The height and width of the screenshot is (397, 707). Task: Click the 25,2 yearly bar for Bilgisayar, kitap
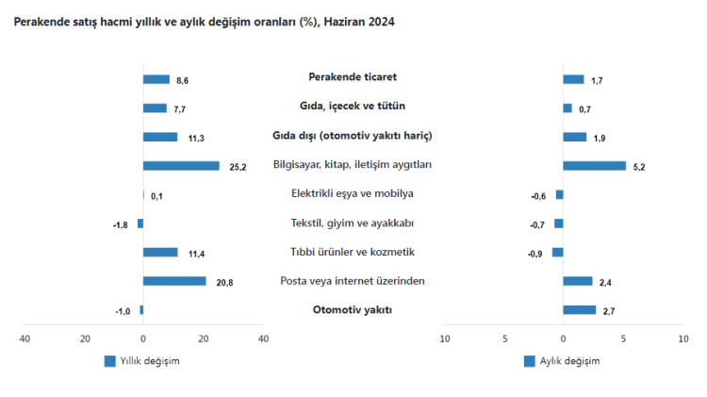coord(181,166)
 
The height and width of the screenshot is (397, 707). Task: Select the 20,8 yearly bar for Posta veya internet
coord(174,281)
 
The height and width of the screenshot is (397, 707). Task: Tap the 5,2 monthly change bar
coord(594,166)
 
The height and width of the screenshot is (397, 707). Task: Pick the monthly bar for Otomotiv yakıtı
coord(579,309)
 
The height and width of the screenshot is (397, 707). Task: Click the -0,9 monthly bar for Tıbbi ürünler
coord(557,252)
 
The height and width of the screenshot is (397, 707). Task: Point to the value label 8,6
coord(183,81)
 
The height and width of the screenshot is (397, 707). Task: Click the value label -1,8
coord(121,224)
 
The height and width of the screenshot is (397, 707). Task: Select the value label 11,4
coord(196,254)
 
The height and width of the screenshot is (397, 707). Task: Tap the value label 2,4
coord(605,282)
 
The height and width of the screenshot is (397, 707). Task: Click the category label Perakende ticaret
coord(353,77)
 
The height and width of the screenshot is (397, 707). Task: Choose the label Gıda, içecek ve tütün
coord(353,107)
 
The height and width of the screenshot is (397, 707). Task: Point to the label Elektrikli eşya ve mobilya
coord(353,193)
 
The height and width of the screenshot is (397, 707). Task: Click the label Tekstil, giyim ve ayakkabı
coord(353,223)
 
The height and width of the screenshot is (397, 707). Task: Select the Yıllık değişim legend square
coord(109,360)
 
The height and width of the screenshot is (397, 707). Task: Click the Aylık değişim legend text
coord(569,360)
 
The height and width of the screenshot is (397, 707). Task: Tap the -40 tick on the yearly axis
coord(25,339)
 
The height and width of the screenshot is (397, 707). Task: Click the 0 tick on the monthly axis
coord(563,339)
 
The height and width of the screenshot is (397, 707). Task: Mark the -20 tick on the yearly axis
coord(84,339)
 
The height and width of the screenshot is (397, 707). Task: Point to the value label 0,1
coord(156,196)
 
